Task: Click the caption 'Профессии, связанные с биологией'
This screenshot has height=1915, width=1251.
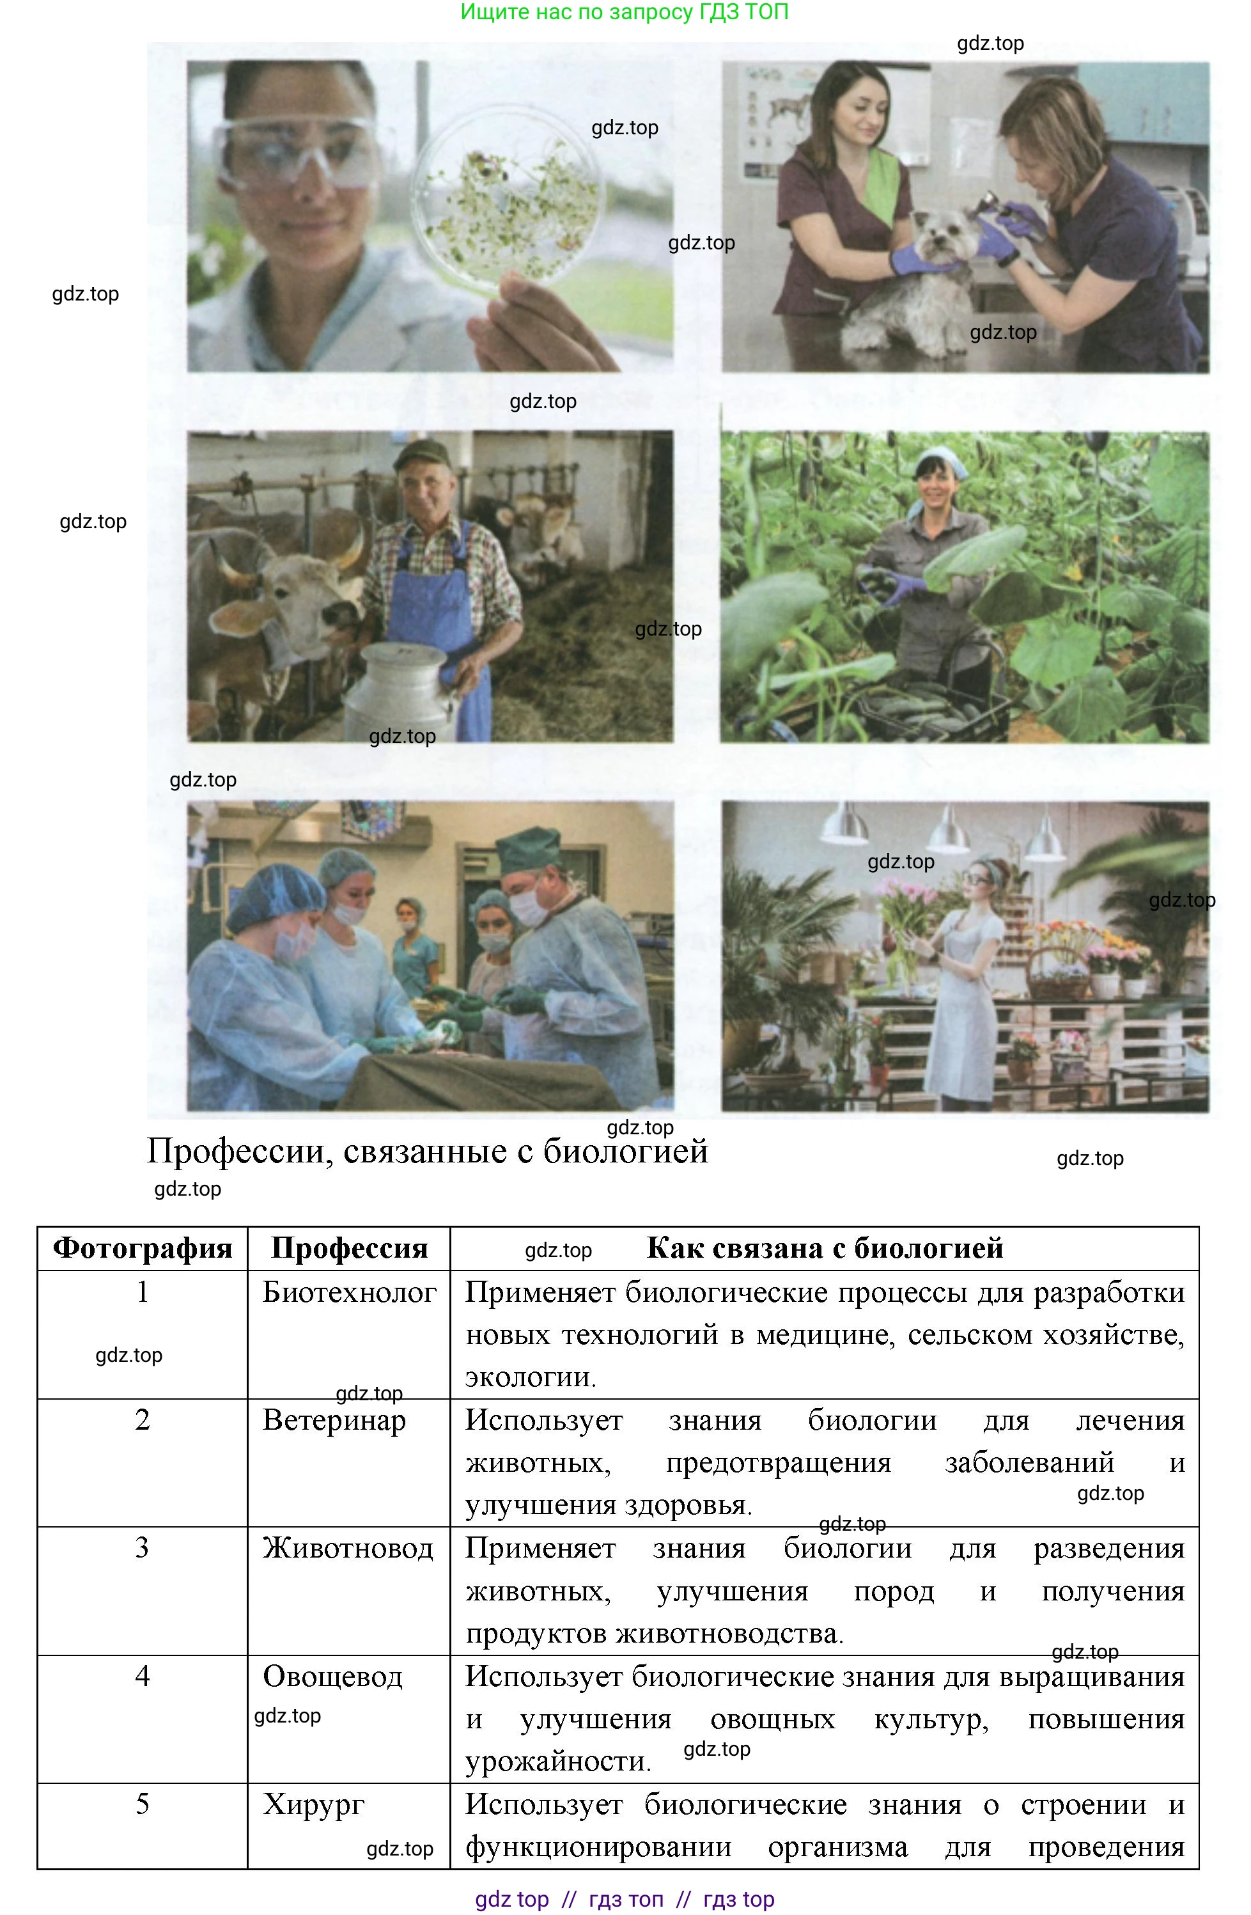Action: coord(427,1152)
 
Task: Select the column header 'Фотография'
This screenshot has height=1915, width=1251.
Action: coord(143,1249)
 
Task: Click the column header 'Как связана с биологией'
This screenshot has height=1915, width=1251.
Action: coord(825,1249)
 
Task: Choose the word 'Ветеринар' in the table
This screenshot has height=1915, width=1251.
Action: coord(334,1420)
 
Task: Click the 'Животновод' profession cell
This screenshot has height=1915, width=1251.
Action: coord(348,1548)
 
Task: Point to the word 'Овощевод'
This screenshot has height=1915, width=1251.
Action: coord(332,1677)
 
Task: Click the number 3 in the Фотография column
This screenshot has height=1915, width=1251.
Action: coord(143,1547)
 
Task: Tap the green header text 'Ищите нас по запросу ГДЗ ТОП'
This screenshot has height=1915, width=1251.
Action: coord(625,12)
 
